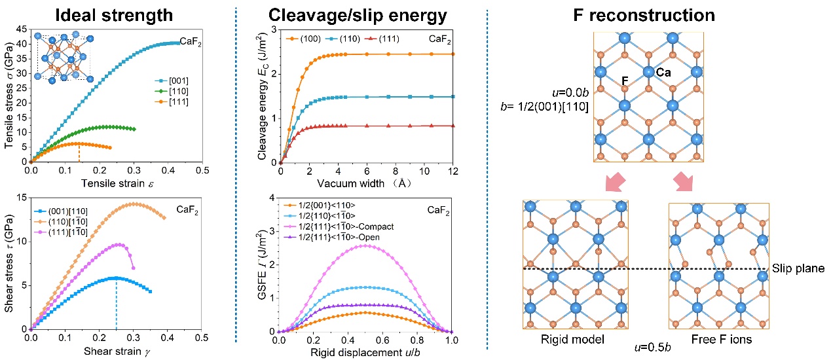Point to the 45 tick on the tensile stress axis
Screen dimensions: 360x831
pyautogui.click(x=22, y=29)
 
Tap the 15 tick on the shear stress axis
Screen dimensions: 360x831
pyautogui.click(x=22, y=197)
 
